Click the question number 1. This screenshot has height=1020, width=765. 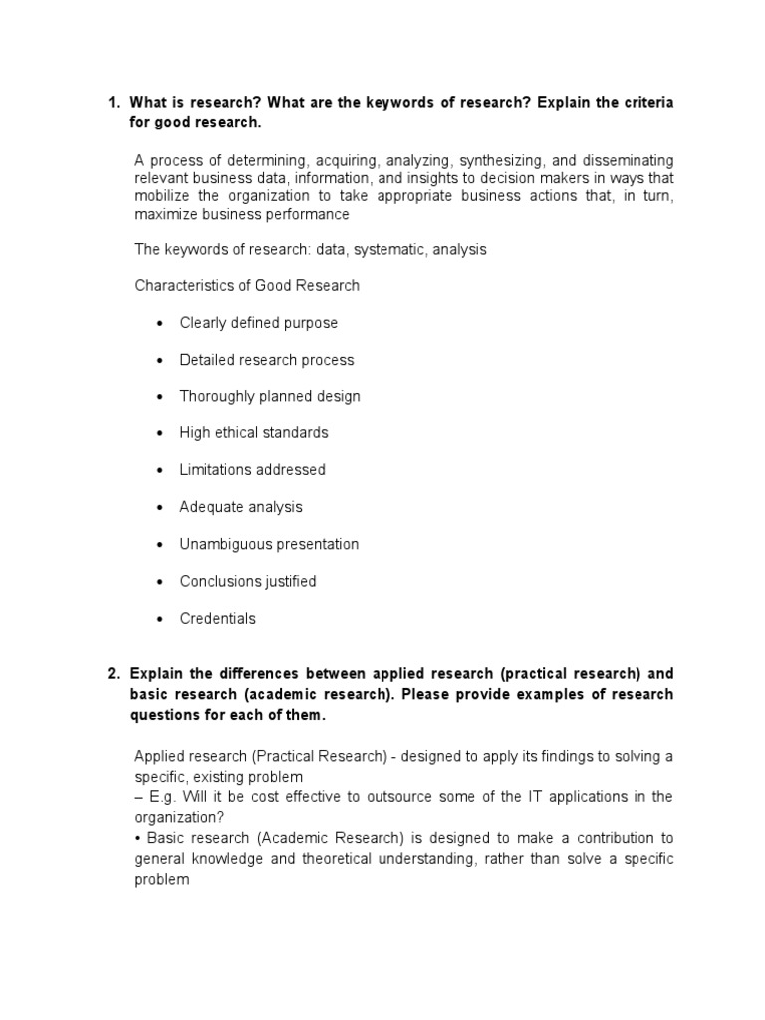tap(112, 104)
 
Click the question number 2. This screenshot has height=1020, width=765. tap(112, 674)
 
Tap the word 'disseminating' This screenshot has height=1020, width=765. tap(626, 160)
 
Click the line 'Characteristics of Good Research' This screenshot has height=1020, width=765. tap(247, 286)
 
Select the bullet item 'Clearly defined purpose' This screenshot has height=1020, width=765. tap(258, 323)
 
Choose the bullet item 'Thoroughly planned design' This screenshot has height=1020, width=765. tap(269, 396)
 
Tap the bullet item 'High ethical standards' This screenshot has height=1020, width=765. tap(253, 433)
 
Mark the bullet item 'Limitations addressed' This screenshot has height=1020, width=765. tap(252, 470)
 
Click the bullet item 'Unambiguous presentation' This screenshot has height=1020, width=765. tap(269, 544)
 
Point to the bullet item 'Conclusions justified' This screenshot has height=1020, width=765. tap(247, 581)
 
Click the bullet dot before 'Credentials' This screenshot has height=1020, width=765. tap(159, 619)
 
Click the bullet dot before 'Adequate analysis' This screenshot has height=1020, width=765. tap(159, 508)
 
